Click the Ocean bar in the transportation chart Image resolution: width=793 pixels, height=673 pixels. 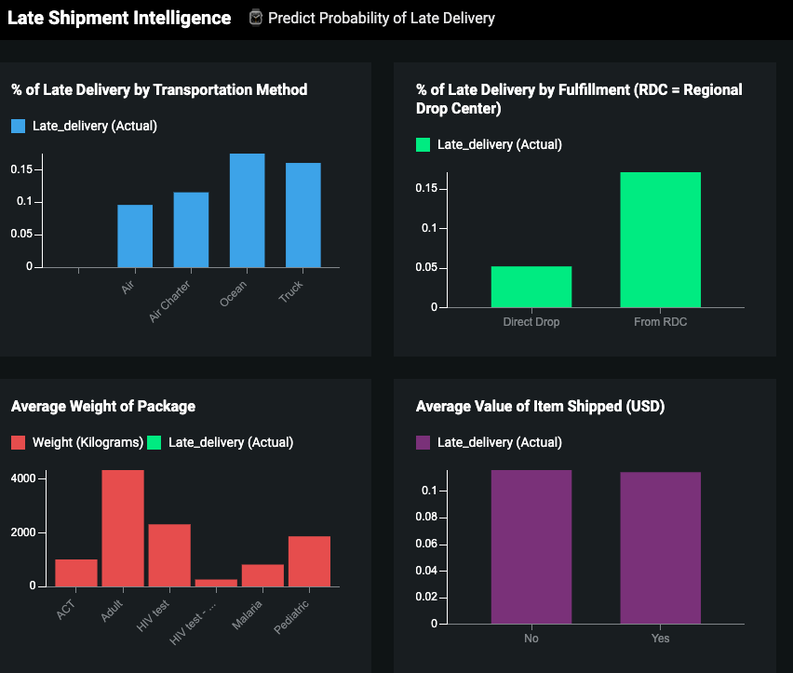[247, 210]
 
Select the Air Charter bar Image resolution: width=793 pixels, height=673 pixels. [191, 230]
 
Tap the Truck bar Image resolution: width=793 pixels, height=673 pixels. [303, 215]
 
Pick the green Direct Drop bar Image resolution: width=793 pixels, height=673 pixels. [531, 287]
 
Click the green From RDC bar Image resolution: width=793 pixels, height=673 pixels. [660, 240]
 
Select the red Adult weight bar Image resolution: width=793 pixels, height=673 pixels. [123, 529]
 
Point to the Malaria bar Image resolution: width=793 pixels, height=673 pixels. [262, 575]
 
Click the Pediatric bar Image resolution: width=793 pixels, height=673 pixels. [309, 561]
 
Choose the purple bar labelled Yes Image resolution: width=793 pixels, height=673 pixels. [660, 548]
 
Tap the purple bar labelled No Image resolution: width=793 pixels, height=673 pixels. [531, 547]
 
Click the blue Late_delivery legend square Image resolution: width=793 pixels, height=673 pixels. [19, 127]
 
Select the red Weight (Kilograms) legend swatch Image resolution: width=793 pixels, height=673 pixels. [19, 442]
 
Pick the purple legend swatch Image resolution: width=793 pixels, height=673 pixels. [423, 442]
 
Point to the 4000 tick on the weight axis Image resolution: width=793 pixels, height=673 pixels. [23, 478]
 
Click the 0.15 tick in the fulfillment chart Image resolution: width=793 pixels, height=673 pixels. [426, 189]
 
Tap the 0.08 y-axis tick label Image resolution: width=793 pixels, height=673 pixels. [424, 518]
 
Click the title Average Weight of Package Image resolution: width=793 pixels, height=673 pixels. [103, 406]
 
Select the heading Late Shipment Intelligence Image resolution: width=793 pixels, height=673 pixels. [119, 18]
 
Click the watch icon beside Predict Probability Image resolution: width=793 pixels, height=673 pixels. [256, 18]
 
